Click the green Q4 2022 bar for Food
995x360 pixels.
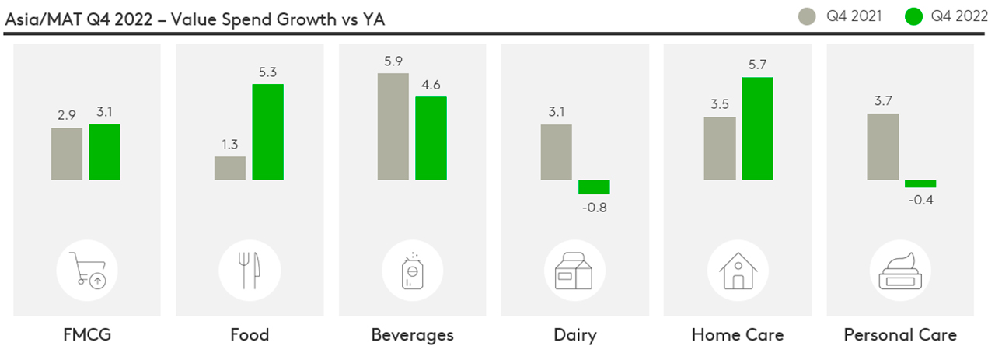pyautogui.click(x=268, y=132)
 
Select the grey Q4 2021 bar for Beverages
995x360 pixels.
pyautogui.click(x=393, y=127)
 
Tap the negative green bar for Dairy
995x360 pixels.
pyautogui.click(x=594, y=187)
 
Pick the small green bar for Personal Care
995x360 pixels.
pyautogui.click(x=920, y=183)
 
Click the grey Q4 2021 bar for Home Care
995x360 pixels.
pyautogui.click(x=720, y=149)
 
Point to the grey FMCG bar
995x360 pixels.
pyautogui.click(x=67, y=154)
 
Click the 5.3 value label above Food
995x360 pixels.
pyautogui.click(x=268, y=72)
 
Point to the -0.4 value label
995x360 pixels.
pyautogui.click(x=920, y=200)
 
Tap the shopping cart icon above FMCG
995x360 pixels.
pyautogui.click(x=86, y=270)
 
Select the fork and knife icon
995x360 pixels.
pyautogui.click(x=249, y=270)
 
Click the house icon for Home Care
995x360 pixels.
pyautogui.click(x=738, y=270)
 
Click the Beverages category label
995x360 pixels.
pyautogui.click(x=412, y=335)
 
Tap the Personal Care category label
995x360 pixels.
pyautogui.click(x=900, y=335)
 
